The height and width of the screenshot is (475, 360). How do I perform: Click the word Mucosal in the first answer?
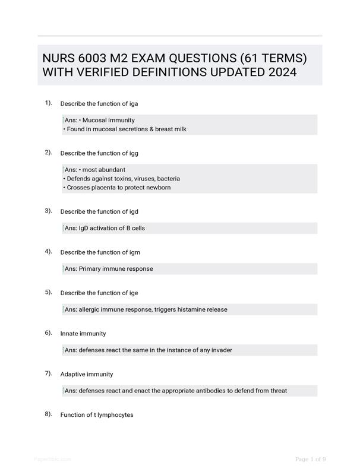pyautogui.click(x=94, y=120)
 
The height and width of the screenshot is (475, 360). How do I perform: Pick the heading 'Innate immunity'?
pyautogui.click(x=83, y=334)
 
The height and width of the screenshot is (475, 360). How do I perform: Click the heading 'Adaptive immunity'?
pyautogui.click(x=87, y=374)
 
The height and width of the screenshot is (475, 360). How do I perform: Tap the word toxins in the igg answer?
pyautogui.click(x=125, y=179)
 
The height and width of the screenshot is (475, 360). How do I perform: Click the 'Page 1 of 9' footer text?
pyautogui.click(x=310, y=459)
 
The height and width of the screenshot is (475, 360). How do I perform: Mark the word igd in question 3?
pyautogui.click(x=134, y=211)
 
